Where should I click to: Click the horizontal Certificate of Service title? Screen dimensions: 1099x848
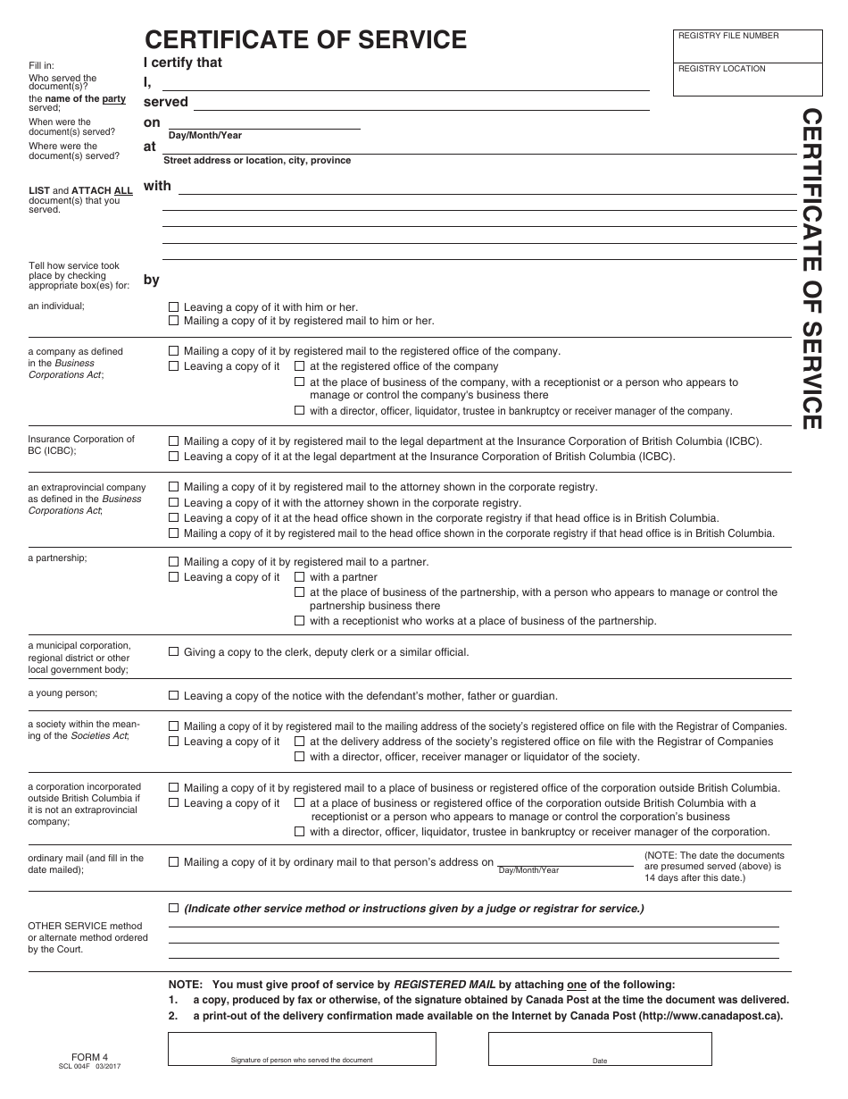305,39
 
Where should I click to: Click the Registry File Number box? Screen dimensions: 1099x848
748,46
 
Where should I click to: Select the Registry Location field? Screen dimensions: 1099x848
748,80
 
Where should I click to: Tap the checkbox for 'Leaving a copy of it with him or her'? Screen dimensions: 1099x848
174,306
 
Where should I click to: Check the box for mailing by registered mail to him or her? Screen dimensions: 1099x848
174,321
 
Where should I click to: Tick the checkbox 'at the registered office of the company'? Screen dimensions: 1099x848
300,366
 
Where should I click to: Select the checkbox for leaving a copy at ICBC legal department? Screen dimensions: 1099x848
174,457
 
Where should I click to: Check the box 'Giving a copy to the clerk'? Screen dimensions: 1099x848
174,652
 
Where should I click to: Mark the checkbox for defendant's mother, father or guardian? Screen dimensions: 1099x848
174,696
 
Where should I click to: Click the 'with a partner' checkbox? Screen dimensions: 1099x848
300,577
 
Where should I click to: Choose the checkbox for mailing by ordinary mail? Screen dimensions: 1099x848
174,862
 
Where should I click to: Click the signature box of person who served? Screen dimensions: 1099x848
302,1049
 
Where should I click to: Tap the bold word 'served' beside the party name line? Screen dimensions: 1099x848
166,102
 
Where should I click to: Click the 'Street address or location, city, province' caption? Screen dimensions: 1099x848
257,161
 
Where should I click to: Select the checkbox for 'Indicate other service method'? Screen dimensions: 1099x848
174,909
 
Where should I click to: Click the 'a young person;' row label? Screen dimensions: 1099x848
62,693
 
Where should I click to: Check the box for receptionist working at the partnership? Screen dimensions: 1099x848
300,621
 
